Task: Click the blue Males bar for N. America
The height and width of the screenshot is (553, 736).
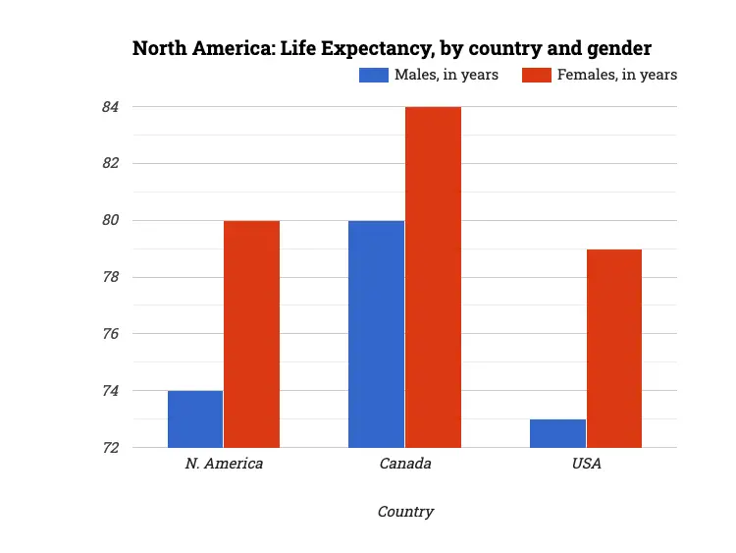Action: pyautogui.click(x=195, y=419)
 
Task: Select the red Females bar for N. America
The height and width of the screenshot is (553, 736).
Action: pyautogui.click(x=252, y=334)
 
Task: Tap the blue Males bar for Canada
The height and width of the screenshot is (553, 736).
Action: pyautogui.click(x=376, y=334)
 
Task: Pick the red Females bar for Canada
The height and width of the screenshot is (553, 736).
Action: pyautogui.click(x=433, y=277)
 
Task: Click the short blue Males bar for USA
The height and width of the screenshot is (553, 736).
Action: pyautogui.click(x=557, y=433)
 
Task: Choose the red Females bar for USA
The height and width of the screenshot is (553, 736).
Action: pyautogui.click(x=614, y=349)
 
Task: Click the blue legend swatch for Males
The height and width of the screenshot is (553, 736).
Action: pyautogui.click(x=374, y=75)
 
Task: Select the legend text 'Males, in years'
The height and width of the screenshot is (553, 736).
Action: pyautogui.click(x=446, y=75)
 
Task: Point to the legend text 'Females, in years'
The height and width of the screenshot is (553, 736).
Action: pyautogui.click(x=617, y=75)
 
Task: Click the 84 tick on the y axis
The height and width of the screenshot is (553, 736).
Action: pyautogui.click(x=109, y=106)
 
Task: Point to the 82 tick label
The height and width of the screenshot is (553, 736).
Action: pyautogui.click(x=109, y=163)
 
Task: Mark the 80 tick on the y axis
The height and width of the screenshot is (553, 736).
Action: pyautogui.click(x=109, y=220)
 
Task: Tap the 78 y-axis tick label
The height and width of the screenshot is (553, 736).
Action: pyautogui.click(x=109, y=277)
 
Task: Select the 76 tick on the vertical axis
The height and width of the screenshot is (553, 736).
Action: pyautogui.click(x=109, y=334)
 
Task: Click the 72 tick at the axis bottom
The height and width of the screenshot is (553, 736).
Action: pyautogui.click(x=109, y=448)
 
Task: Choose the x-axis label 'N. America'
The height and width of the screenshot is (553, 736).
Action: pyautogui.click(x=224, y=464)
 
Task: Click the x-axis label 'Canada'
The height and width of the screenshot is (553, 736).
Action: pyautogui.click(x=405, y=464)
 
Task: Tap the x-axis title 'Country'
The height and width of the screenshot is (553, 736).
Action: pyautogui.click(x=405, y=512)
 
